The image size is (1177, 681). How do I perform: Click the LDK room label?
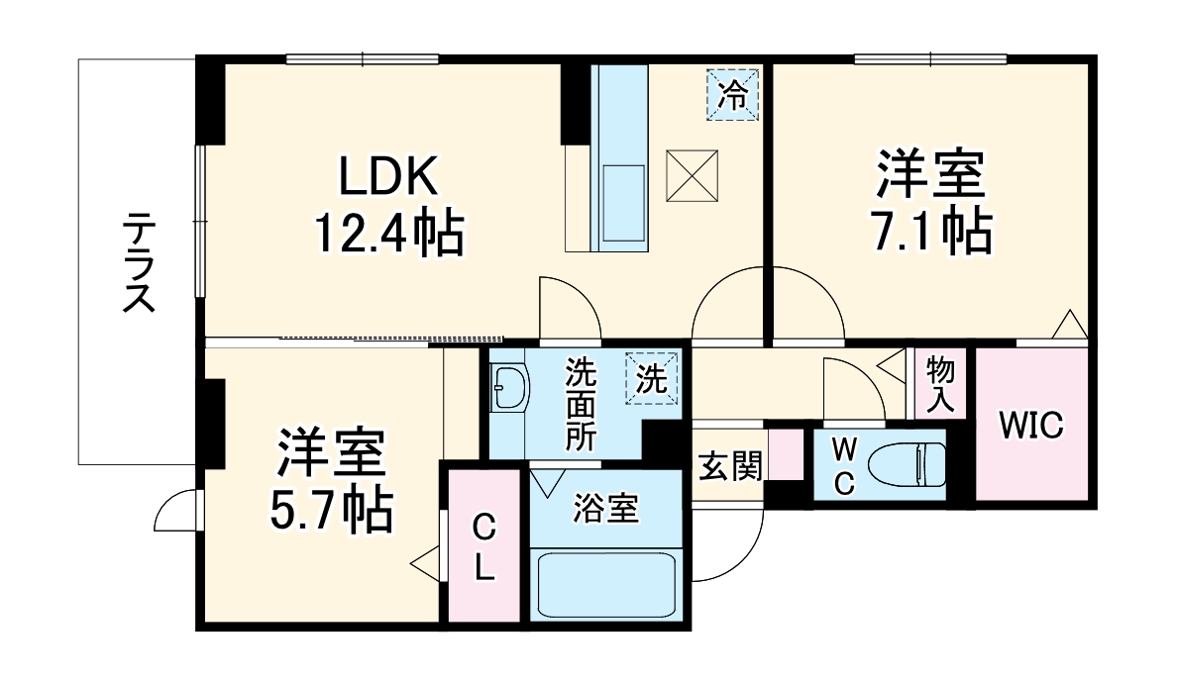388,179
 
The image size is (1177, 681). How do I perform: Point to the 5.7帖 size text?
331,509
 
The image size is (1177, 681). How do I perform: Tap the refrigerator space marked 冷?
733,95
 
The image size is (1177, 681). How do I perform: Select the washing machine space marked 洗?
652,379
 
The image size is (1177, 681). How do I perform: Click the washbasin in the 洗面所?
510,388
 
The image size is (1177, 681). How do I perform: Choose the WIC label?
1030,427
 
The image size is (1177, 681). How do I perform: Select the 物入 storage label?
940,383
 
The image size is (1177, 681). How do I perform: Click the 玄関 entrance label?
730,465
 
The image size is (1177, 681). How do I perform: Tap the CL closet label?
482,547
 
